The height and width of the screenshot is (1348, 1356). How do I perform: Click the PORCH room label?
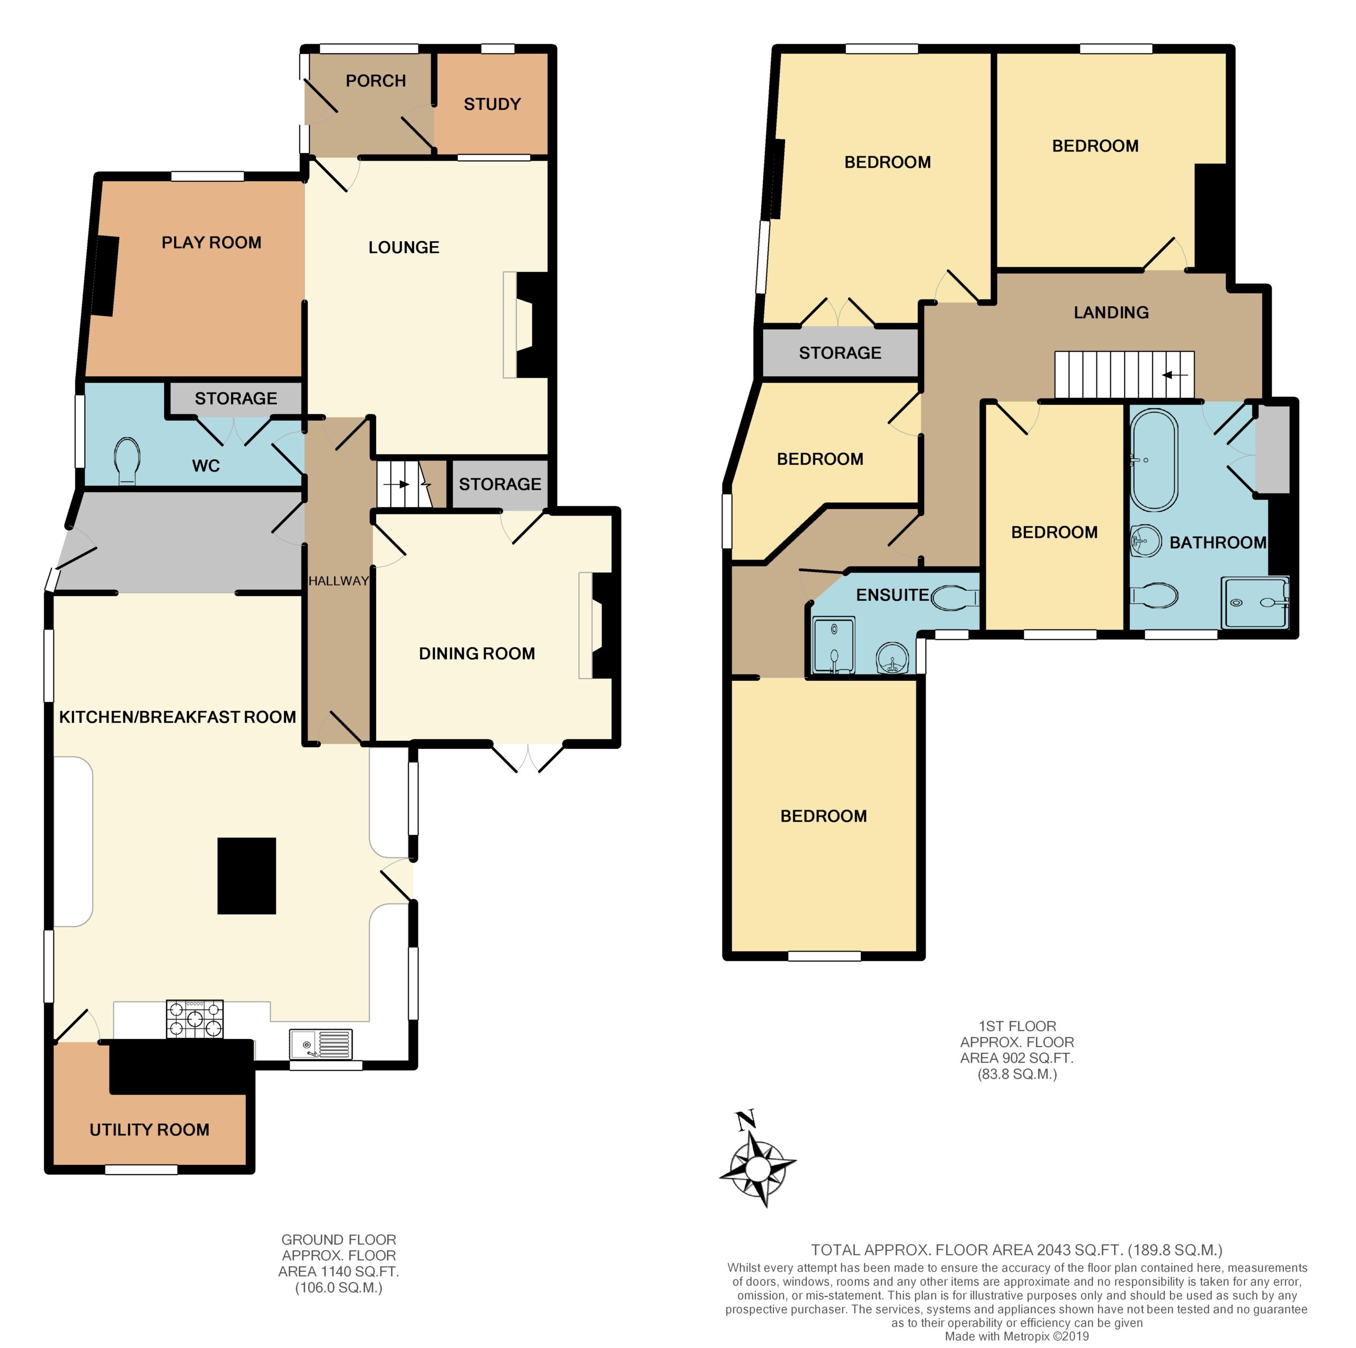[376, 81]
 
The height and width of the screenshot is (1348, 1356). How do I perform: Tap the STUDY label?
[492, 104]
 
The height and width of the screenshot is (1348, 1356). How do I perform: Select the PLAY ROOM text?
[211, 242]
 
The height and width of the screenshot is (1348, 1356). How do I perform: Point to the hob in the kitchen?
[194, 1019]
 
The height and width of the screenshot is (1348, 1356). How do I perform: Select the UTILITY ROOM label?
[149, 1130]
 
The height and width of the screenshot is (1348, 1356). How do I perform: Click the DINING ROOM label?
[477, 654]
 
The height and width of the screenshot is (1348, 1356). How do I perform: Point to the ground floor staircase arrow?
[397, 484]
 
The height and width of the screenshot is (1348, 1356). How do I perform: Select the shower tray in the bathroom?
[1255, 602]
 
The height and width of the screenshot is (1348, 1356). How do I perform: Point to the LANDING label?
[1111, 313]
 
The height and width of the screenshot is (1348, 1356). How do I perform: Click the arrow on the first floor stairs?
[1175, 375]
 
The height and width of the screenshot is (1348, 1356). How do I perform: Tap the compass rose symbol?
[758, 1169]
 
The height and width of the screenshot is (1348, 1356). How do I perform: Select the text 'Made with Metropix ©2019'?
[1016, 1336]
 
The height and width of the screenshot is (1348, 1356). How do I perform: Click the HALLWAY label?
[338, 581]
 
